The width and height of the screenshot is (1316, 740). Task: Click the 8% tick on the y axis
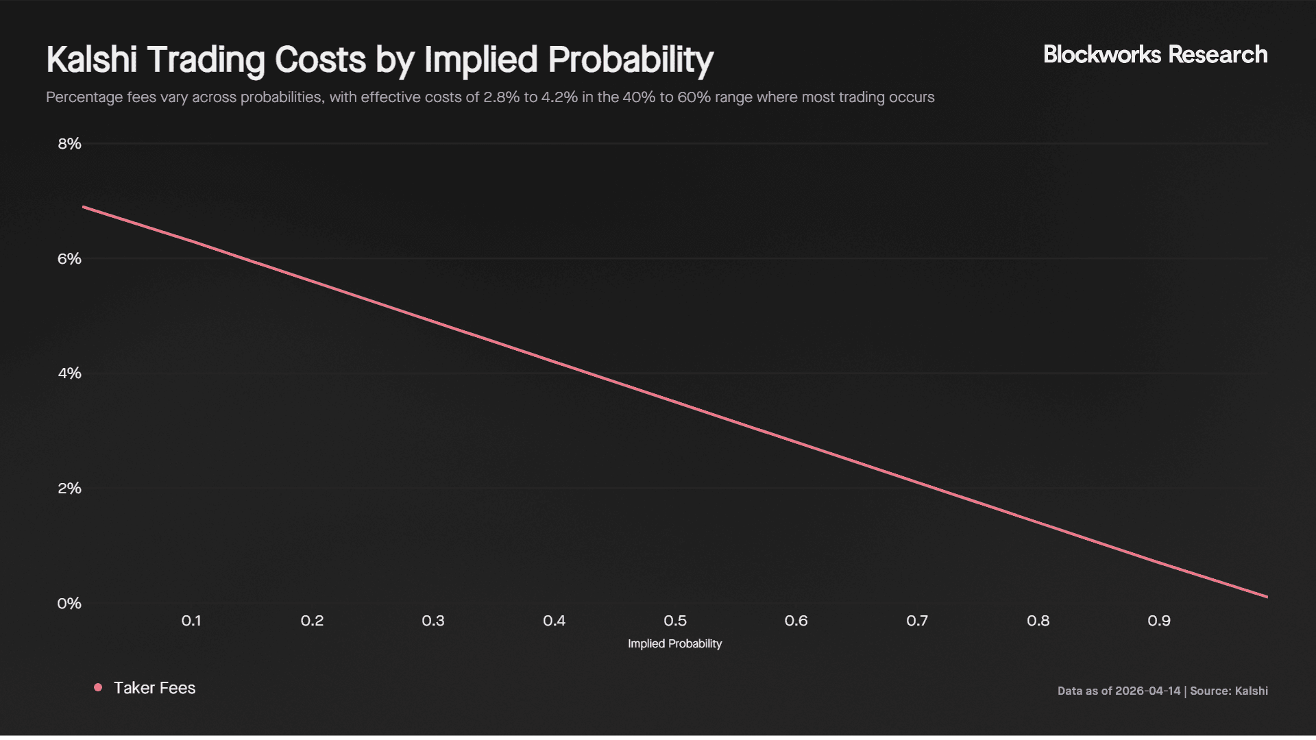69,144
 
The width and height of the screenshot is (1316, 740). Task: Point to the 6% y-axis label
69,259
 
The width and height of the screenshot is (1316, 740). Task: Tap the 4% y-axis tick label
69,373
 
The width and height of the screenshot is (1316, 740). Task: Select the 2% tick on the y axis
69,489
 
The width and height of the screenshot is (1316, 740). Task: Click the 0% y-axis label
69,604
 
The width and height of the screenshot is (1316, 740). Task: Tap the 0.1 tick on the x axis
191,621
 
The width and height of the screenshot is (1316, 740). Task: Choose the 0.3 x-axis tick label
433,621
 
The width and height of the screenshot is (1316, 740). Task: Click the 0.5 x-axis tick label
675,621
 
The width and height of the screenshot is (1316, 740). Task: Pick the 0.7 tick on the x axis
917,621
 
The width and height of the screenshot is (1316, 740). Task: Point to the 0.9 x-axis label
1159,621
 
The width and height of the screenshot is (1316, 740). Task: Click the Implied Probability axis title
674,644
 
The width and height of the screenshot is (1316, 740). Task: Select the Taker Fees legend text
154,688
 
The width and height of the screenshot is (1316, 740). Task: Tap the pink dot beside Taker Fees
98,687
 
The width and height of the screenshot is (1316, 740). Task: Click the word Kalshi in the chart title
92,60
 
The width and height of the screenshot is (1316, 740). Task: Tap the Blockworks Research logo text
1155,55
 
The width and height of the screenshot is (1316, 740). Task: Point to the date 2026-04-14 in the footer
1147,691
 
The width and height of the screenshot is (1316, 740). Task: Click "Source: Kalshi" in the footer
1229,691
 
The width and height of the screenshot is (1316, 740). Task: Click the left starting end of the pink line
84,207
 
